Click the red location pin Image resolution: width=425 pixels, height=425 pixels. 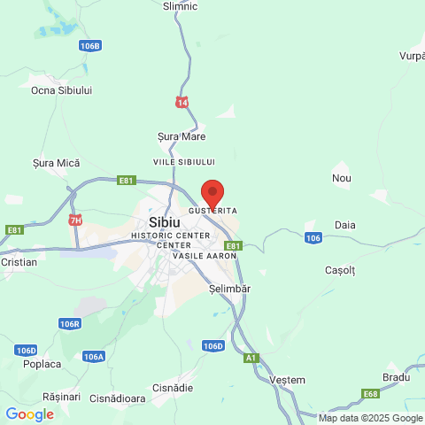click(212, 193)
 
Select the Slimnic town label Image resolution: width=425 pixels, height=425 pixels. click(181, 6)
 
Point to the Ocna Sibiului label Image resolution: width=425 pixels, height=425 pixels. click(61, 90)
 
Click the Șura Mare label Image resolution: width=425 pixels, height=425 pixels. click(181, 136)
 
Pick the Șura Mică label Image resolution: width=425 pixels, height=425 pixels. click(56, 163)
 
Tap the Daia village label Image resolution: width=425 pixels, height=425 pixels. click(345, 225)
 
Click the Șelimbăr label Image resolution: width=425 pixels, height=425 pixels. click(230, 290)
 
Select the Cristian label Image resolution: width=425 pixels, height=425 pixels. click(19, 262)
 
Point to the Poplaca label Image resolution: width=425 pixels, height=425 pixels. click(42, 364)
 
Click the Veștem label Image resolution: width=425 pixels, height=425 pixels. click(286, 378)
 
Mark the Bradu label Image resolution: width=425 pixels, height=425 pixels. click(397, 376)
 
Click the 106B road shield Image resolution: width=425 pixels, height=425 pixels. click(89, 45)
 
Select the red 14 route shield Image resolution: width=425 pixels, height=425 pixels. click(182, 102)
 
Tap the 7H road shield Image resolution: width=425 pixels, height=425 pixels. click(75, 220)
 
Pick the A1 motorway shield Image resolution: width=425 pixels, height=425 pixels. click(252, 358)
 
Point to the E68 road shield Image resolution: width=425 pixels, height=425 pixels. click(370, 393)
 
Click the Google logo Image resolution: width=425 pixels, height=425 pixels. click(29, 413)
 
